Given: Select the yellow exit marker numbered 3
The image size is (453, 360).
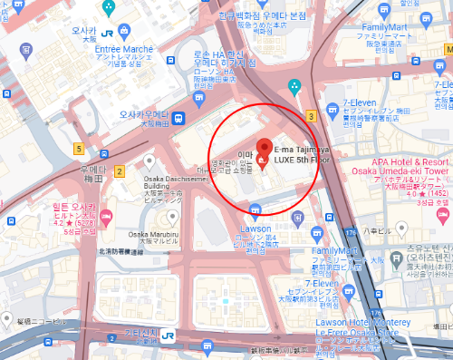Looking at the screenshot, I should (311, 115).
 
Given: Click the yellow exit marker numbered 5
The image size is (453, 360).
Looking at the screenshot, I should (80, 149).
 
